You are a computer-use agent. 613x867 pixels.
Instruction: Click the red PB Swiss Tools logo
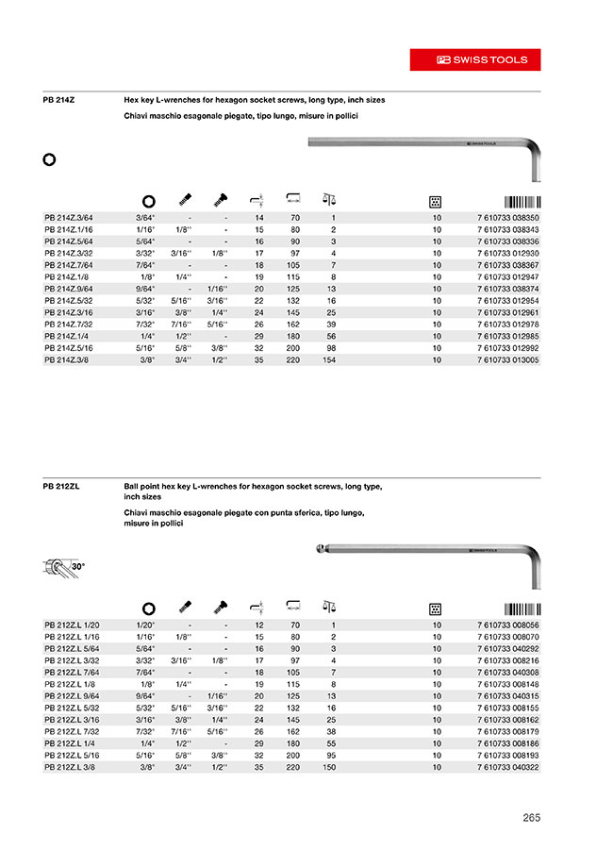tap(474, 58)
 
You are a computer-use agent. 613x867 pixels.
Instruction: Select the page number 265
tap(531, 818)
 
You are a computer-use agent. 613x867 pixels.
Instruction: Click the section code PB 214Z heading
tap(60, 99)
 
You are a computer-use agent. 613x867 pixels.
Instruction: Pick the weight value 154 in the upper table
tap(329, 359)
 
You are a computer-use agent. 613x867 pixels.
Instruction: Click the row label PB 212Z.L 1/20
tap(72, 625)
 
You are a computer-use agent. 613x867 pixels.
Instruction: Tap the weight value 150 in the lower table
tap(329, 767)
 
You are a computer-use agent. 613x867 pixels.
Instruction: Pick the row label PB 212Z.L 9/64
tap(72, 696)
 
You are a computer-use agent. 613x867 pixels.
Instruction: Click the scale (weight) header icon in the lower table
tap(328, 608)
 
